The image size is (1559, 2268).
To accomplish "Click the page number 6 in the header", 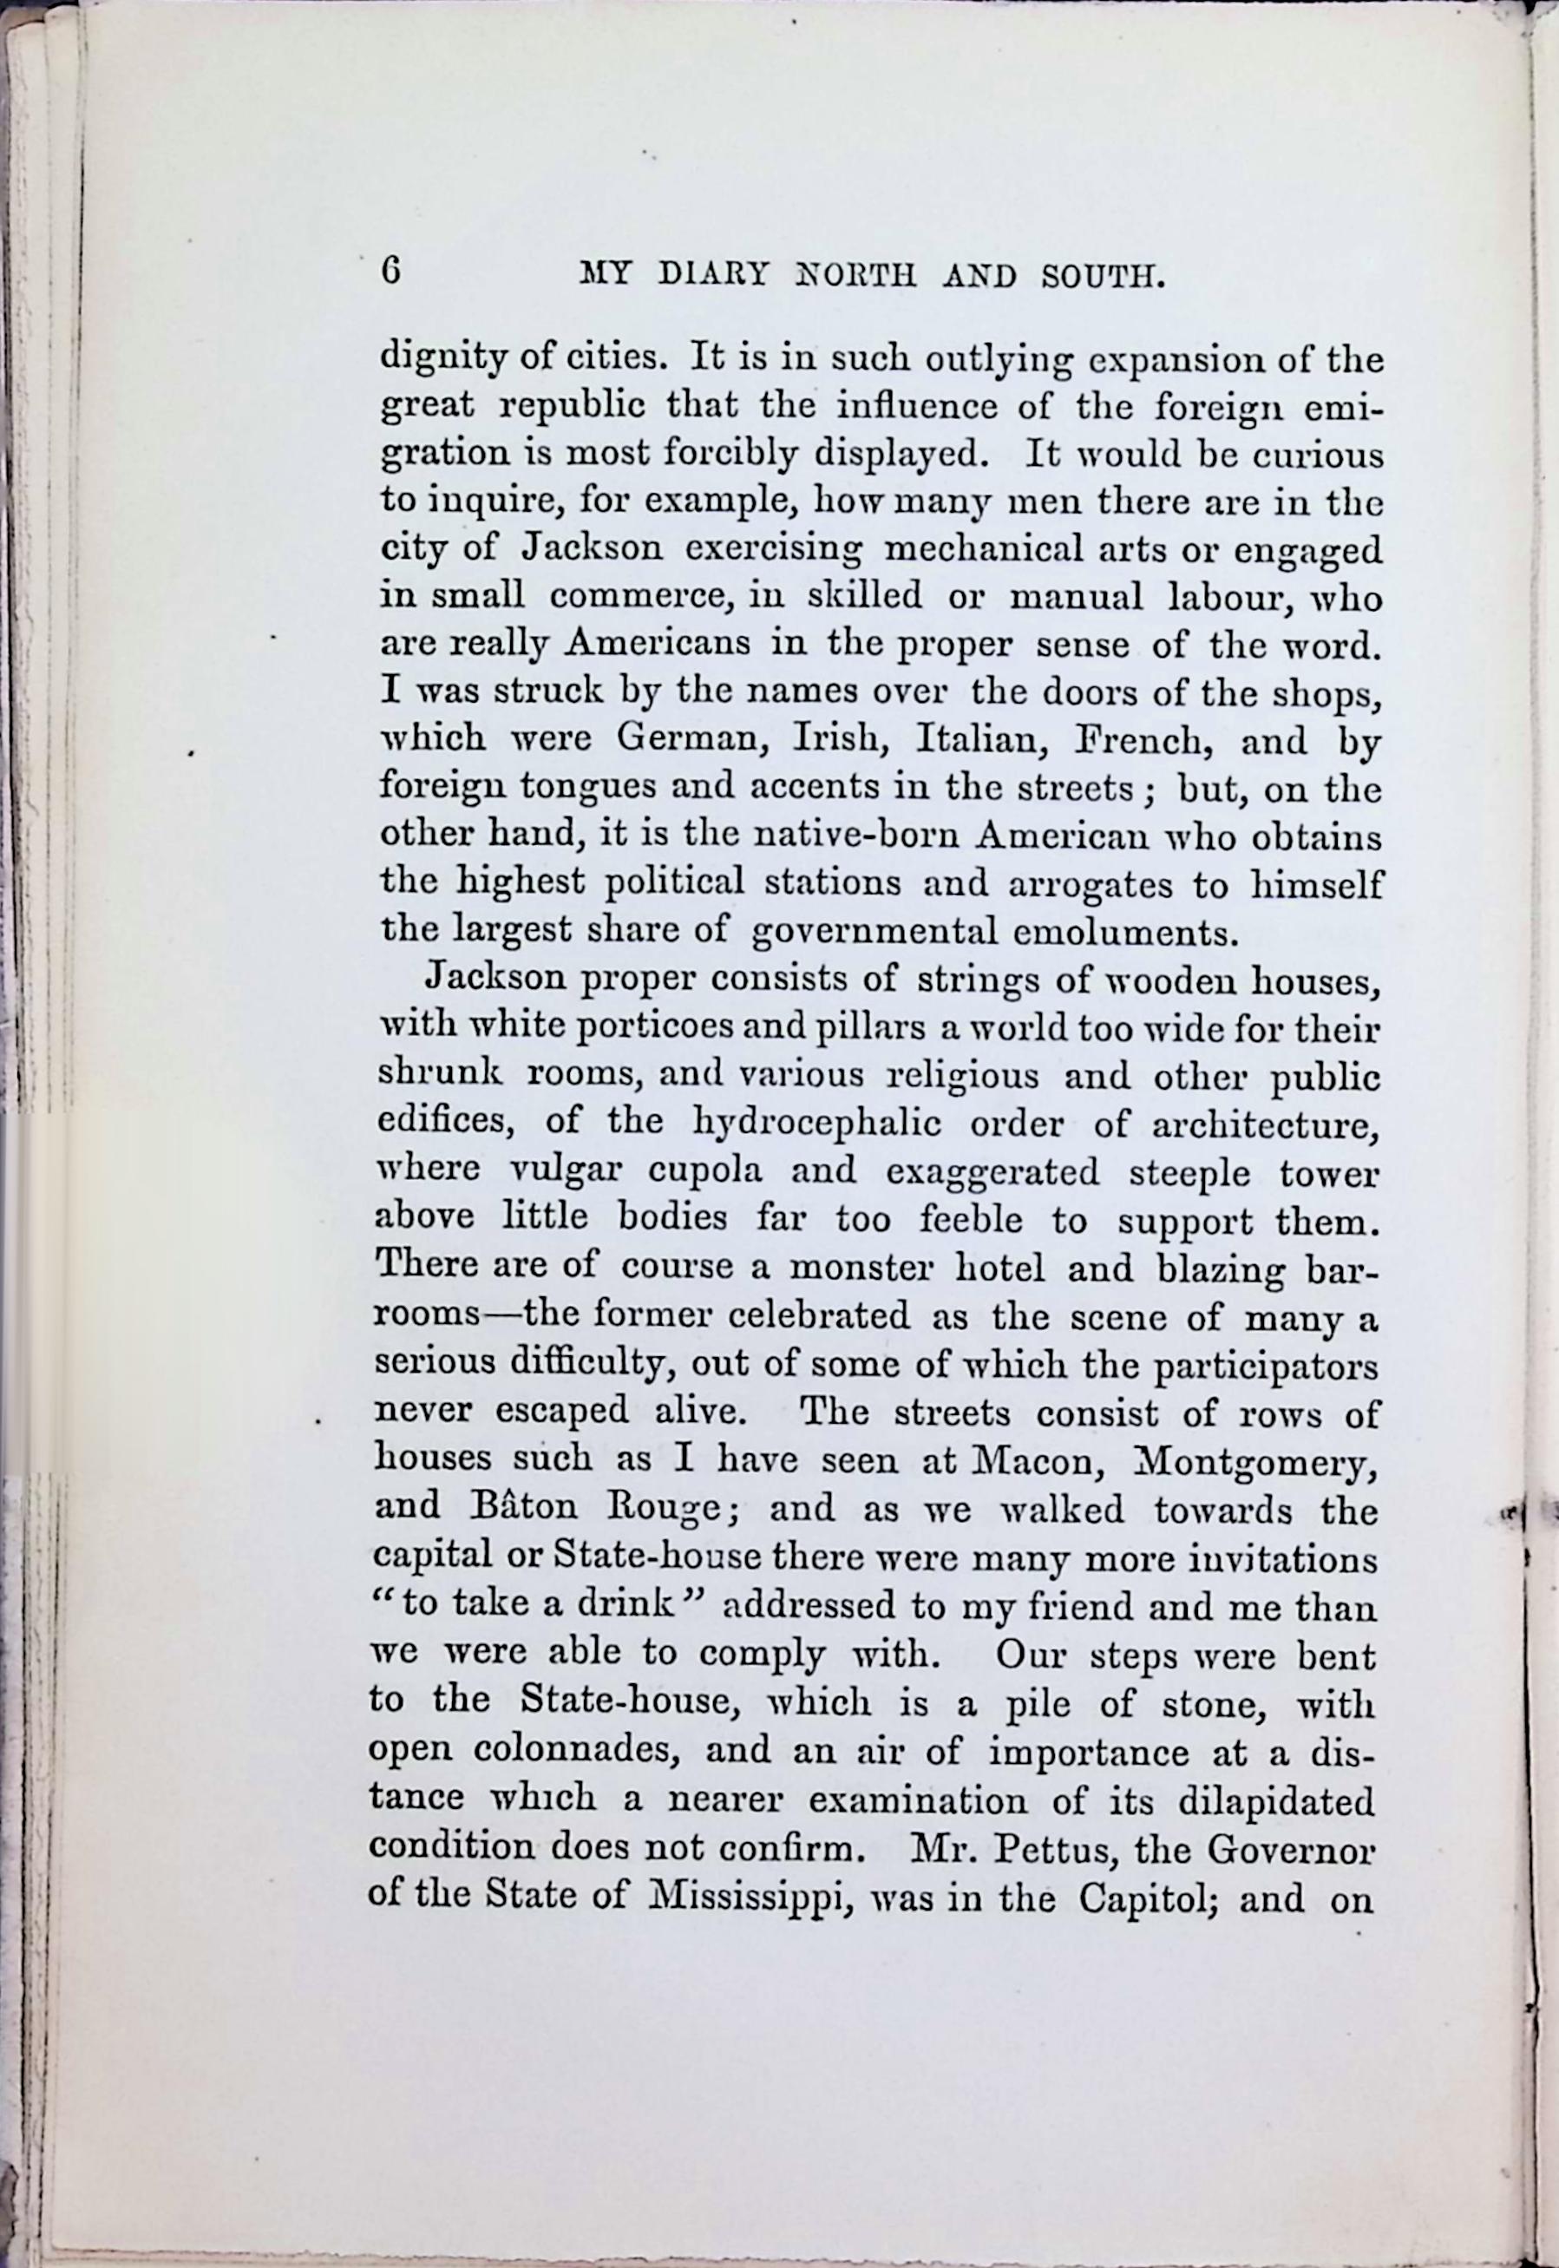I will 392,271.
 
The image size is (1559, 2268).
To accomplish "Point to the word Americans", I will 658,645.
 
